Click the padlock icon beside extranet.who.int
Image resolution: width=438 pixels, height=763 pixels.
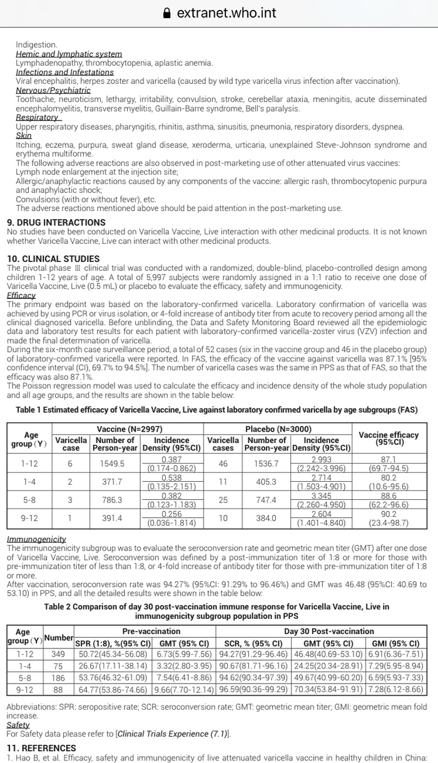click(166, 13)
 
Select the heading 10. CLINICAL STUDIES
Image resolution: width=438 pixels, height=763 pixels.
click(53, 259)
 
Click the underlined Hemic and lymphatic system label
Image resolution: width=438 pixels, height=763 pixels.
click(69, 54)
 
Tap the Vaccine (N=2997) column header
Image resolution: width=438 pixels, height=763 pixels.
click(130, 429)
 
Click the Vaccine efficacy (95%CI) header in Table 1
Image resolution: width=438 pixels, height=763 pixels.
click(389, 439)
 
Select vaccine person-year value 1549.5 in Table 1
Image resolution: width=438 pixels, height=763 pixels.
click(113, 464)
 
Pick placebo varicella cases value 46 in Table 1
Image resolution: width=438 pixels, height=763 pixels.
click(223, 464)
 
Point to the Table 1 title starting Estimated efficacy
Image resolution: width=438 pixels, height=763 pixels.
click(216, 410)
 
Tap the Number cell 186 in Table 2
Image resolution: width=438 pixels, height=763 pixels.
click(58, 678)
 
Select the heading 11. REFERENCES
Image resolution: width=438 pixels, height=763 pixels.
click(41, 748)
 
